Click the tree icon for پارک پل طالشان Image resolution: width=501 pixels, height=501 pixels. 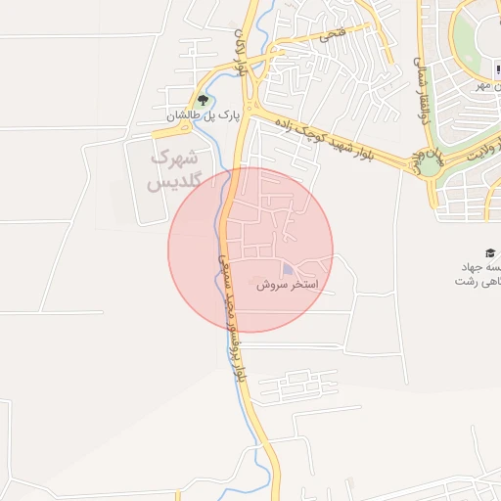204,100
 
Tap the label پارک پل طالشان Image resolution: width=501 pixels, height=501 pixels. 202,116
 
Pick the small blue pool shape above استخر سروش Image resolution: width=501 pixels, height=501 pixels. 288,268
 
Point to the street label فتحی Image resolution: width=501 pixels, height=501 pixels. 331,35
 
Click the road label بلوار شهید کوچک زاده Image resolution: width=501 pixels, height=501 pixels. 323,138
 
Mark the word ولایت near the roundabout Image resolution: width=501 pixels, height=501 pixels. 482,155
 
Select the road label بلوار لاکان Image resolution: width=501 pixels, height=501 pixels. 241,54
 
